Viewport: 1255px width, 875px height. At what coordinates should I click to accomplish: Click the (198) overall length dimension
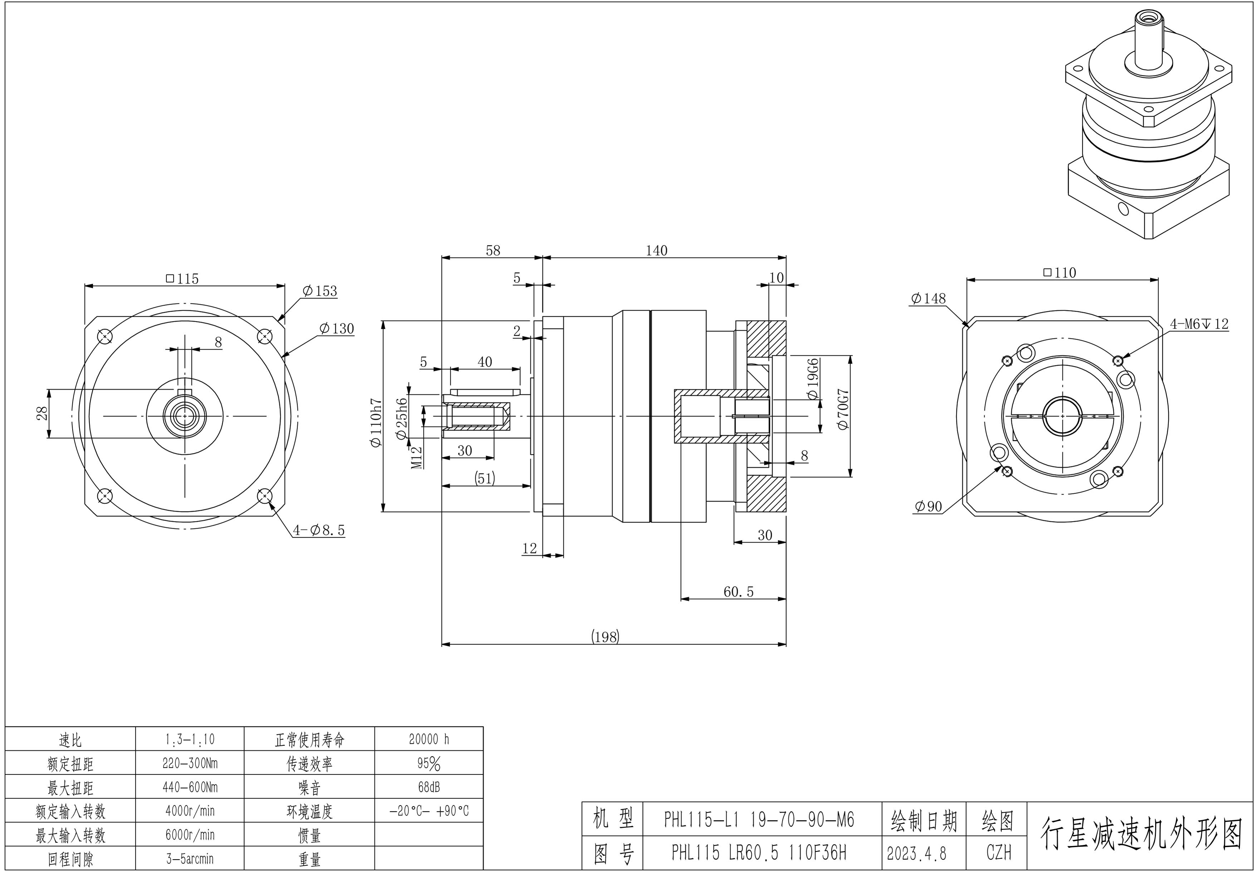coord(605,637)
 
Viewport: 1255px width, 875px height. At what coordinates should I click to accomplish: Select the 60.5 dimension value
coord(738,592)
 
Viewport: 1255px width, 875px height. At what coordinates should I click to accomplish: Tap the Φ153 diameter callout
coord(320,291)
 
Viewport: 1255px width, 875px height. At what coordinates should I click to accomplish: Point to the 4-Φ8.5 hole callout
coord(319,530)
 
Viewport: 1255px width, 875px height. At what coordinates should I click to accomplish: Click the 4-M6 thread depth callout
coord(1199,324)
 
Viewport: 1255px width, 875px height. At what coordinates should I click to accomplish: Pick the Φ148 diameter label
coord(928,298)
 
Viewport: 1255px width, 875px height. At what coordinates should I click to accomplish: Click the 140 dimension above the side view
coord(656,251)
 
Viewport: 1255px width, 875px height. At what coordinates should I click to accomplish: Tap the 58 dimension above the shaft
coord(493,251)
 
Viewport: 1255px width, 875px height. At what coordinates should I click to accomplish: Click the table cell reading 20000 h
coord(429,739)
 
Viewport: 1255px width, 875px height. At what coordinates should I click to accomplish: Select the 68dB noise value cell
coord(429,787)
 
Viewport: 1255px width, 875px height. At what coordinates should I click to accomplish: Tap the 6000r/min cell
coord(190,835)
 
